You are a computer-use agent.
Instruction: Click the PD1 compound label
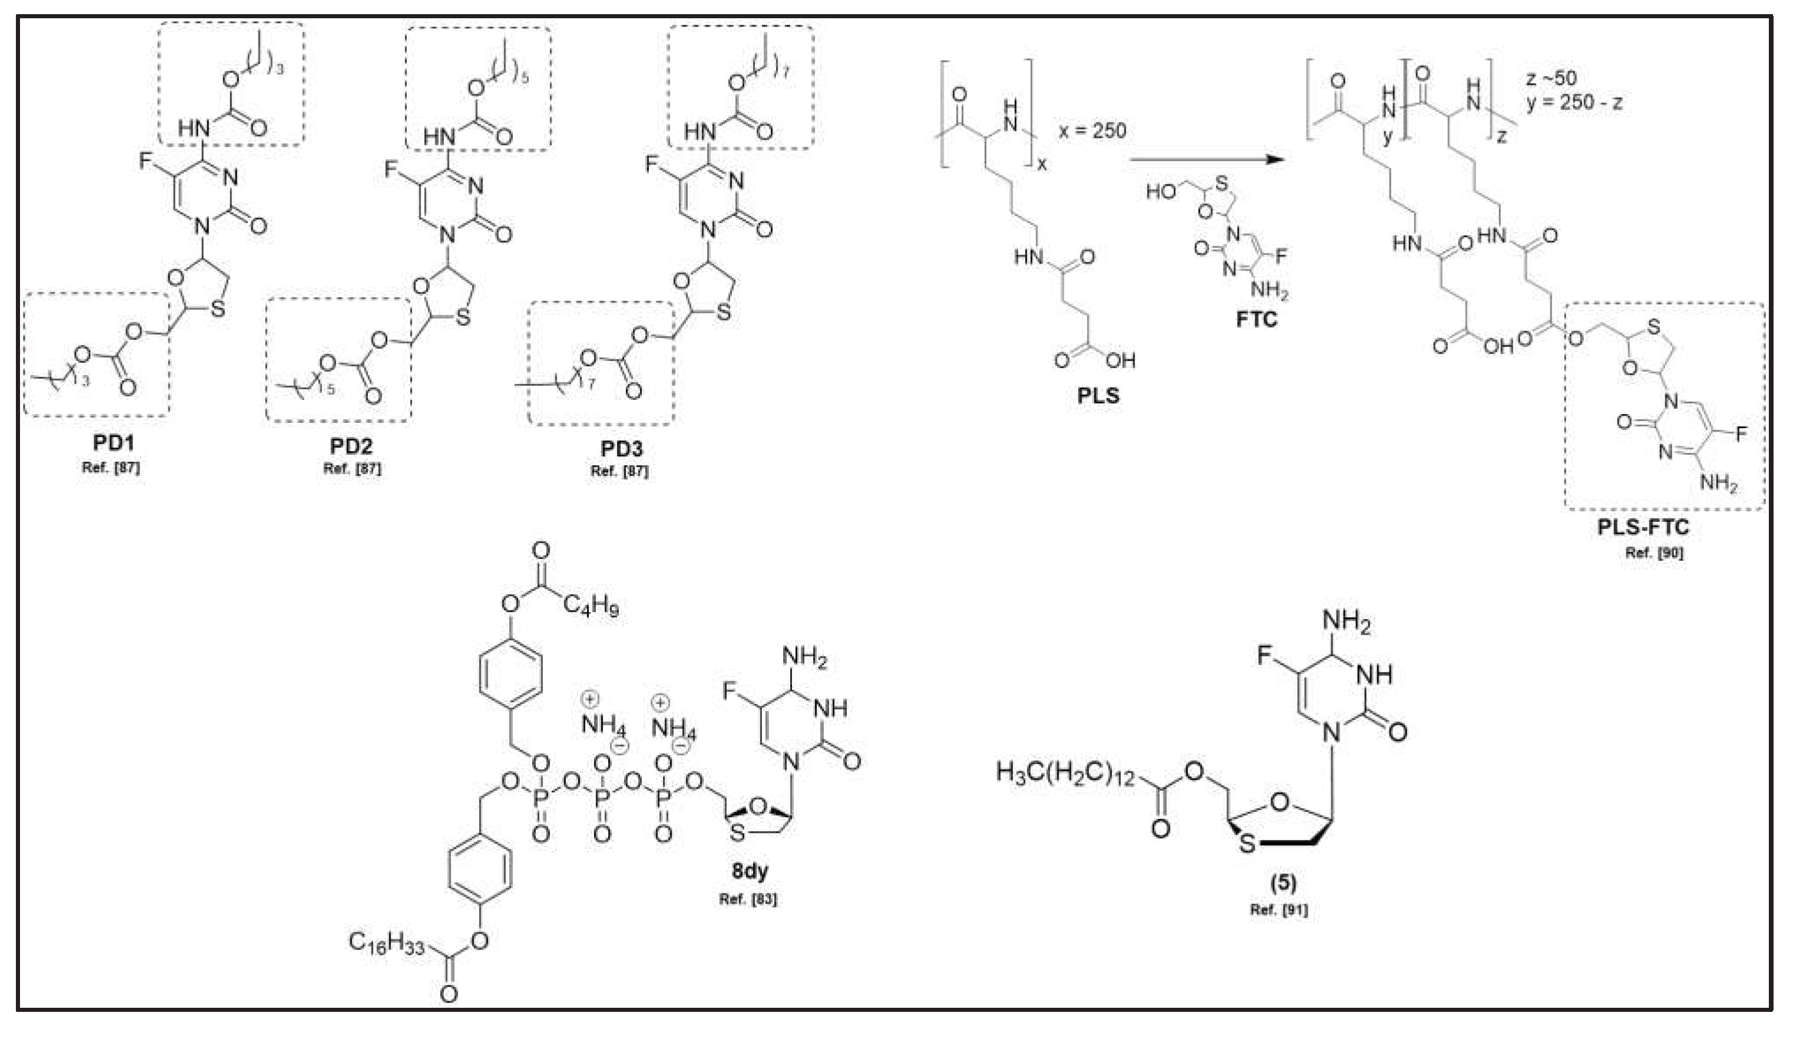(x=113, y=443)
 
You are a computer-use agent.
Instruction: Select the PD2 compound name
(x=351, y=446)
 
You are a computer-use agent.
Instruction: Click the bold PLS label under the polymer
(x=1097, y=395)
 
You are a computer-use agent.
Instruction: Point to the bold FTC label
(x=1256, y=319)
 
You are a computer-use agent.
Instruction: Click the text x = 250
(x=1092, y=131)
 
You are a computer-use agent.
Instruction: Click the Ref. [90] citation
(x=1653, y=552)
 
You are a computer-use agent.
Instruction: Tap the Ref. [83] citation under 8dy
(x=748, y=899)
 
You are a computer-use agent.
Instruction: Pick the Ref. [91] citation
(x=1278, y=909)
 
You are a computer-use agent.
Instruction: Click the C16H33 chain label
(x=386, y=943)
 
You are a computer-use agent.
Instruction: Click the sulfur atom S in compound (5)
(x=1246, y=845)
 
